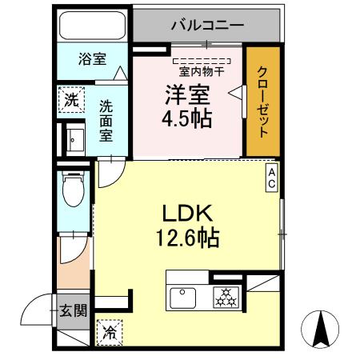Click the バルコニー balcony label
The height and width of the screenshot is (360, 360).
(x=206, y=25)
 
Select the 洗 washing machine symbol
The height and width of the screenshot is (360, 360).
(x=71, y=102)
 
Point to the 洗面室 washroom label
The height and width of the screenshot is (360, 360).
(x=106, y=120)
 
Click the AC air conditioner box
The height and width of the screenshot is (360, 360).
(x=272, y=178)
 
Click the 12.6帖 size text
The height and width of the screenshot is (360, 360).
(x=189, y=238)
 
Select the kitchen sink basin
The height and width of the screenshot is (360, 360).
(x=183, y=297)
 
